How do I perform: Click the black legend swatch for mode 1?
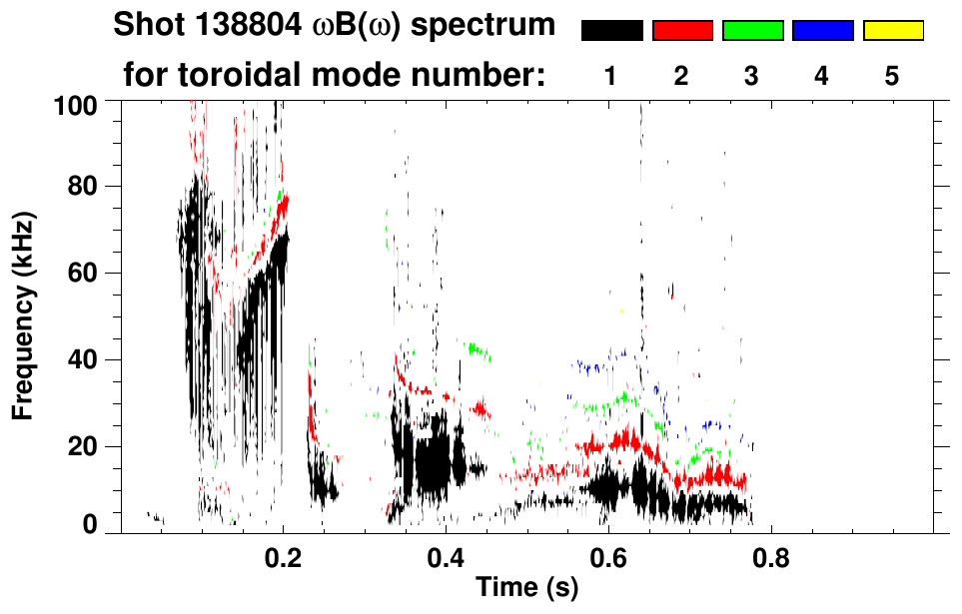[x=612, y=31]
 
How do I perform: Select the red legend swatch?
[x=682, y=31]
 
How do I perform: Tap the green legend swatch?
[x=752, y=31]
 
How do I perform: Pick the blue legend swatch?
[x=822, y=31]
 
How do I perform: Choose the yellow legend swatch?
[x=892, y=31]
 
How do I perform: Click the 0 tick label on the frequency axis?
[x=90, y=523]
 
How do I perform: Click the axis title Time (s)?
[x=526, y=588]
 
